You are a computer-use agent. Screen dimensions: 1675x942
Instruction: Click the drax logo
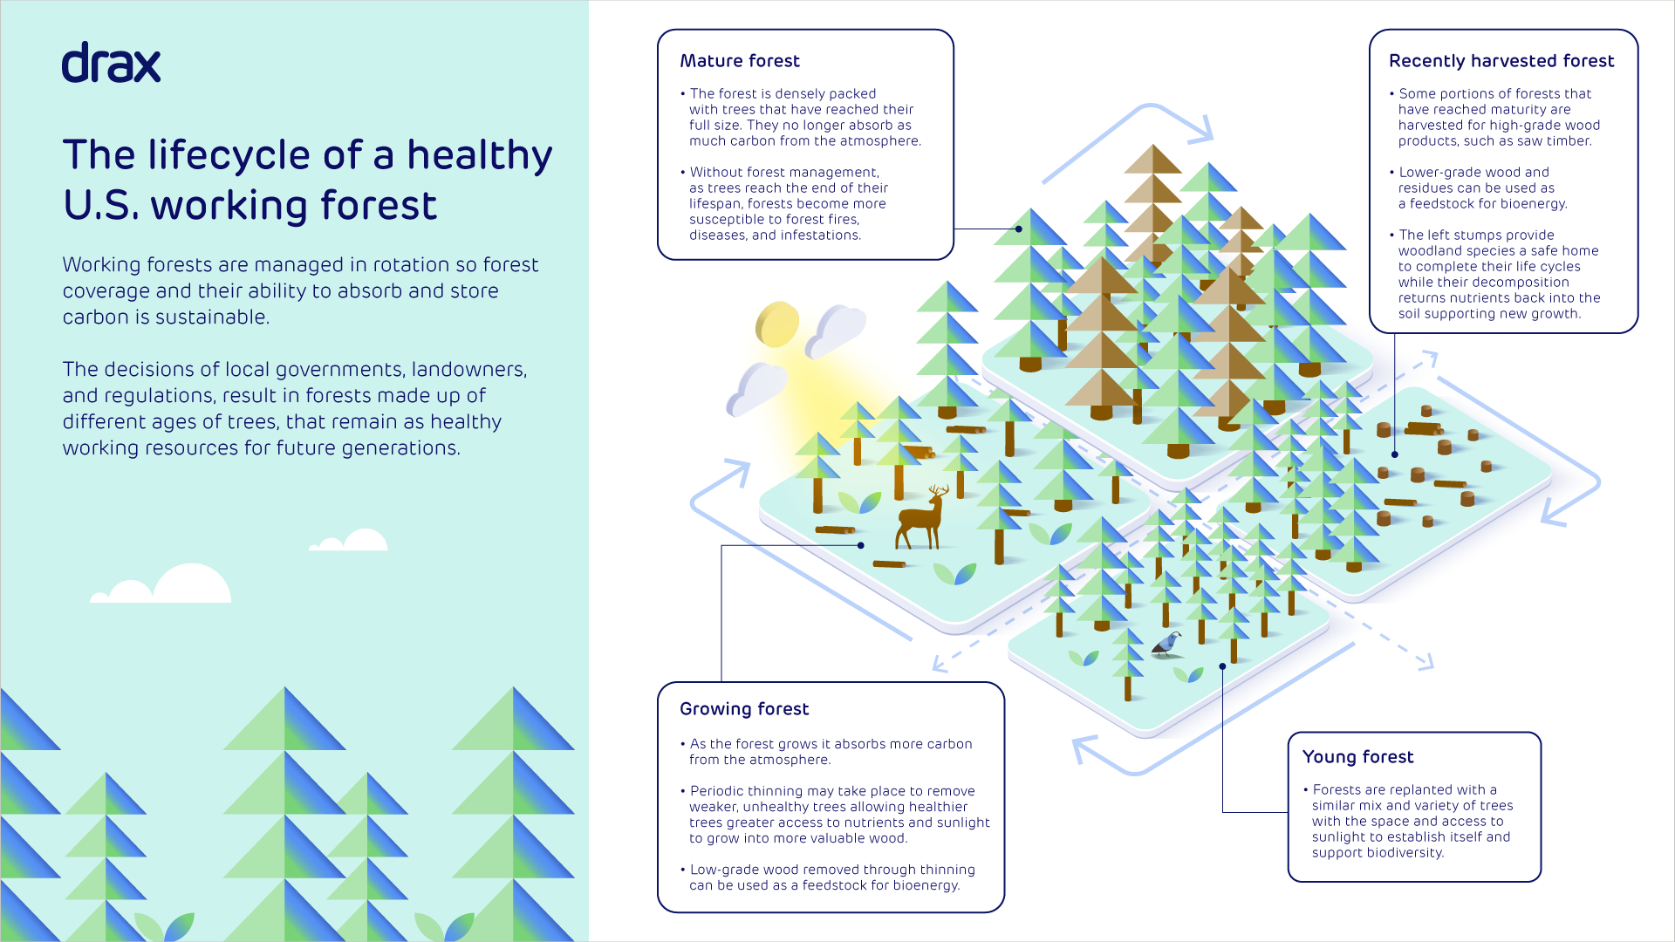111,63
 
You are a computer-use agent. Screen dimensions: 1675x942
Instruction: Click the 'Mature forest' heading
740,61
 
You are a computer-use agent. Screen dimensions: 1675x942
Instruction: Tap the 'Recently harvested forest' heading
1501,61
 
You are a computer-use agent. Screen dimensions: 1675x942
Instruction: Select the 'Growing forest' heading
744,709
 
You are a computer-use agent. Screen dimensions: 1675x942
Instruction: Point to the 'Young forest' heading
1357,757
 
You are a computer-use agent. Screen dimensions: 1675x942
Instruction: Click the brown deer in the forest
922,518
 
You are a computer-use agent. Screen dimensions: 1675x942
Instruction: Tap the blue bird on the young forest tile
1166,645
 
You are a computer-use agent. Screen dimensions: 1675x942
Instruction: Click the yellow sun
776,324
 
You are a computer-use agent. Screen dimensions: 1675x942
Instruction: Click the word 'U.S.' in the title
100,206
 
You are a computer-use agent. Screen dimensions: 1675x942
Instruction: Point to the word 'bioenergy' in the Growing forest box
924,886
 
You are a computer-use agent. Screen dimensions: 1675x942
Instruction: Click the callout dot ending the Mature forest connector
1019,229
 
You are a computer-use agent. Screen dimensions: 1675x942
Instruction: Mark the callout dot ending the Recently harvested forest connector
1395,454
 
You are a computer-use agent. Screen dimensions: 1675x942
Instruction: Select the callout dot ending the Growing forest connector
861,545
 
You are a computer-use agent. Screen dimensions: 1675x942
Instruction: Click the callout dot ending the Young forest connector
1222,666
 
